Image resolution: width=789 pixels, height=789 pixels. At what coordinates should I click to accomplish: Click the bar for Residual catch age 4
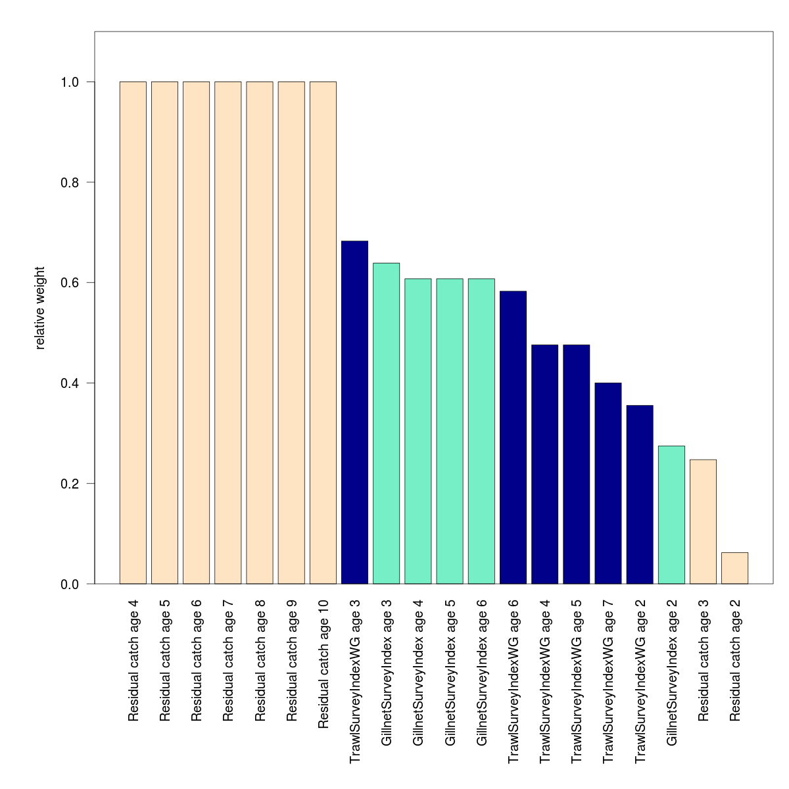[x=133, y=333]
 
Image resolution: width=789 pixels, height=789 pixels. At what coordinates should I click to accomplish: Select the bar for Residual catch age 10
[x=323, y=333]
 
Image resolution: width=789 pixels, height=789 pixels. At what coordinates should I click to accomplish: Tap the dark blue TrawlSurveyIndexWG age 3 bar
[x=354, y=412]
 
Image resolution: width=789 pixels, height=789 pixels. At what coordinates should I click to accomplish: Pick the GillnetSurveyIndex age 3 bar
[x=386, y=423]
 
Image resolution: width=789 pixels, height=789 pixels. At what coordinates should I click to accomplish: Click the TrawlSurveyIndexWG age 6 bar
[x=513, y=437]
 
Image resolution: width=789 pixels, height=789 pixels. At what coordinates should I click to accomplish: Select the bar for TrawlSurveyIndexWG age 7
[x=608, y=483]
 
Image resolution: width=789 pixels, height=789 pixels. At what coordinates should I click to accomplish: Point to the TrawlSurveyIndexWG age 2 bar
[x=640, y=494]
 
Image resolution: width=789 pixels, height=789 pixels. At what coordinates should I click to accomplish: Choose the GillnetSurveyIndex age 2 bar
[x=671, y=515]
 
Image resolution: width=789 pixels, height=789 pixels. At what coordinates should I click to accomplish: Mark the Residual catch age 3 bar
[x=703, y=521]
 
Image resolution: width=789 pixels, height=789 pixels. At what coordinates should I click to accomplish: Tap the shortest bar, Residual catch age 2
[x=734, y=568]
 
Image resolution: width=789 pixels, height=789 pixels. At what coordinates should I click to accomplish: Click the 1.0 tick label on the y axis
[x=70, y=82]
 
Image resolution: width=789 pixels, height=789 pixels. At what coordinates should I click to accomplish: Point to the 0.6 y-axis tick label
[x=70, y=283]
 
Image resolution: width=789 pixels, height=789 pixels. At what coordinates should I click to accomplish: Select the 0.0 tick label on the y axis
[x=70, y=584]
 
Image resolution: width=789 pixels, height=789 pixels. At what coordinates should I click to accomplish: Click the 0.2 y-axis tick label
[x=70, y=484]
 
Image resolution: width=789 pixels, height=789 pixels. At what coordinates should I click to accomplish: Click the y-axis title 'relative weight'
[x=40, y=308]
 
